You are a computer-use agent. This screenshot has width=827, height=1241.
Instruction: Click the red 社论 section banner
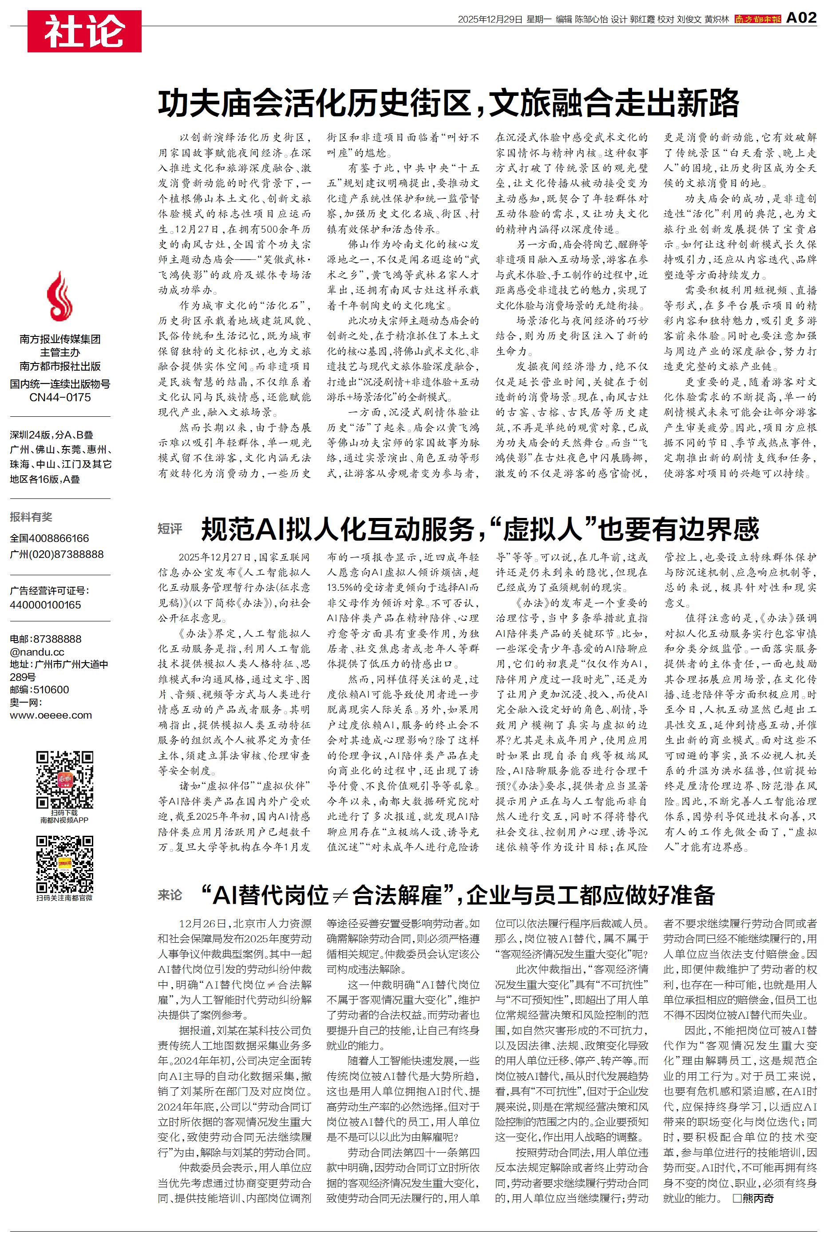click(x=84, y=31)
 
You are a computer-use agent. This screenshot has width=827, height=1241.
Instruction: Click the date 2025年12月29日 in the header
click(x=490, y=20)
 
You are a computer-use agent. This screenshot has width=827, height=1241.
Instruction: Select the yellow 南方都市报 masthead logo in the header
click(x=757, y=19)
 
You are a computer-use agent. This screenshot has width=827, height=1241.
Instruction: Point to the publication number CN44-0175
click(x=59, y=398)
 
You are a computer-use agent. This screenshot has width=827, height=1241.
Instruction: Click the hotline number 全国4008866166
click(x=50, y=538)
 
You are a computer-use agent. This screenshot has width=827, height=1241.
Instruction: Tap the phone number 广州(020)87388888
click(x=56, y=554)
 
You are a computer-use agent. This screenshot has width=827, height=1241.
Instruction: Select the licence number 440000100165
click(x=45, y=605)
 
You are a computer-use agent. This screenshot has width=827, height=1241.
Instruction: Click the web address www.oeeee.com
click(x=51, y=715)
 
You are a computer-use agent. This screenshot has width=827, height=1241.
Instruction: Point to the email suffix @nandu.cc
click(x=37, y=652)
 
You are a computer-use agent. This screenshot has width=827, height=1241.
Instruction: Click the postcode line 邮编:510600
click(x=39, y=690)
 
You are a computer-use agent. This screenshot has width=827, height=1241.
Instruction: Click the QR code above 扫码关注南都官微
click(x=64, y=864)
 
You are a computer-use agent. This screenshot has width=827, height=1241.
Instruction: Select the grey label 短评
click(x=170, y=529)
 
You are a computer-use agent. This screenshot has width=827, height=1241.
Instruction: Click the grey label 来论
click(x=170, y=895)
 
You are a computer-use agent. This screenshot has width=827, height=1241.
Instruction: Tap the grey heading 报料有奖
click(x=31, y=517)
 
